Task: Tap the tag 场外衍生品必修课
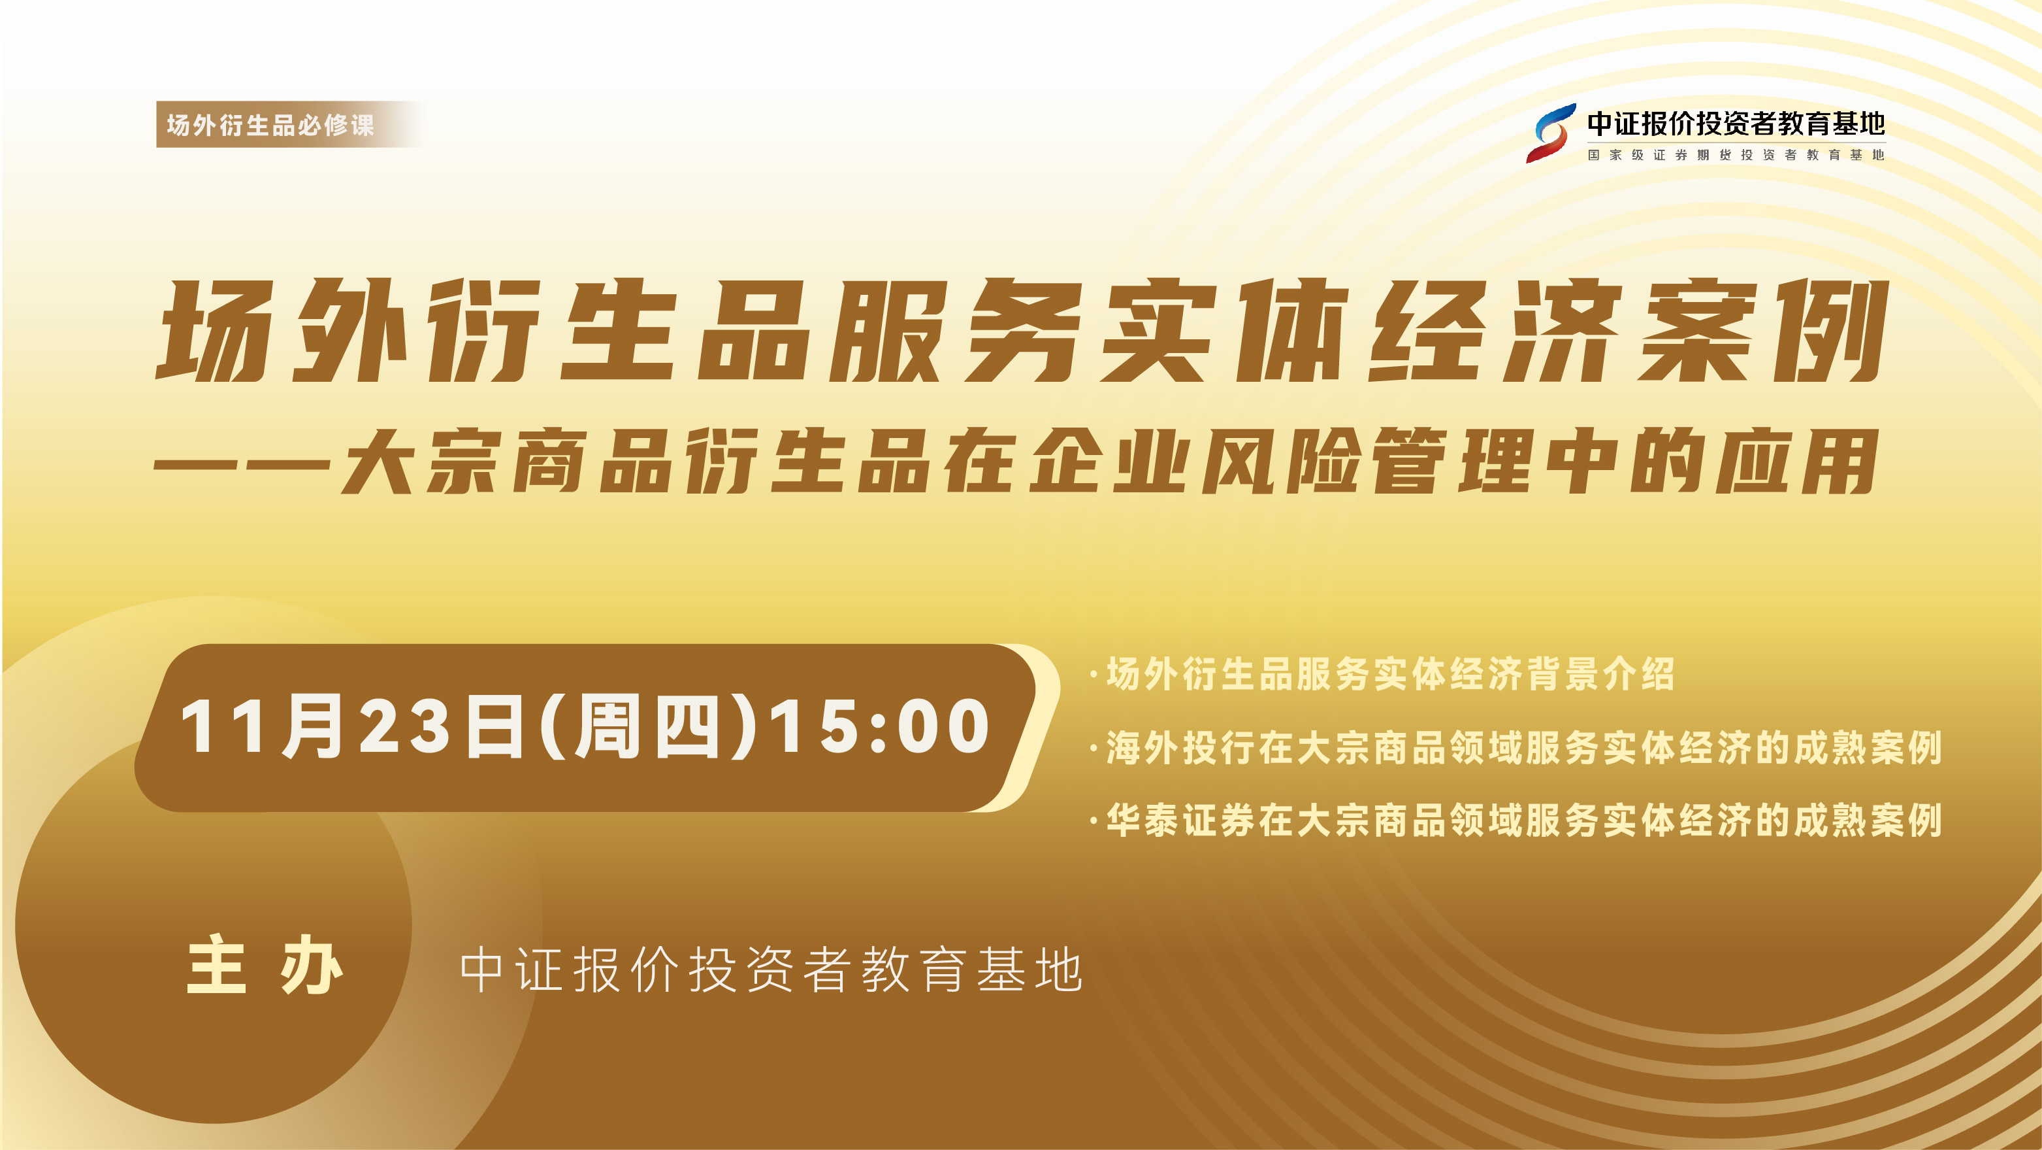coord(270,124)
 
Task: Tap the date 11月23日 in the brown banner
coord(352,726)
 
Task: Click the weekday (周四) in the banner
coord(647,726)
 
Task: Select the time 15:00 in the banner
coord(880,726)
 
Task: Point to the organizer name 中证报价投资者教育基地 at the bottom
coord(771,969)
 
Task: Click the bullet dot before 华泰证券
coord(1094,821)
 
